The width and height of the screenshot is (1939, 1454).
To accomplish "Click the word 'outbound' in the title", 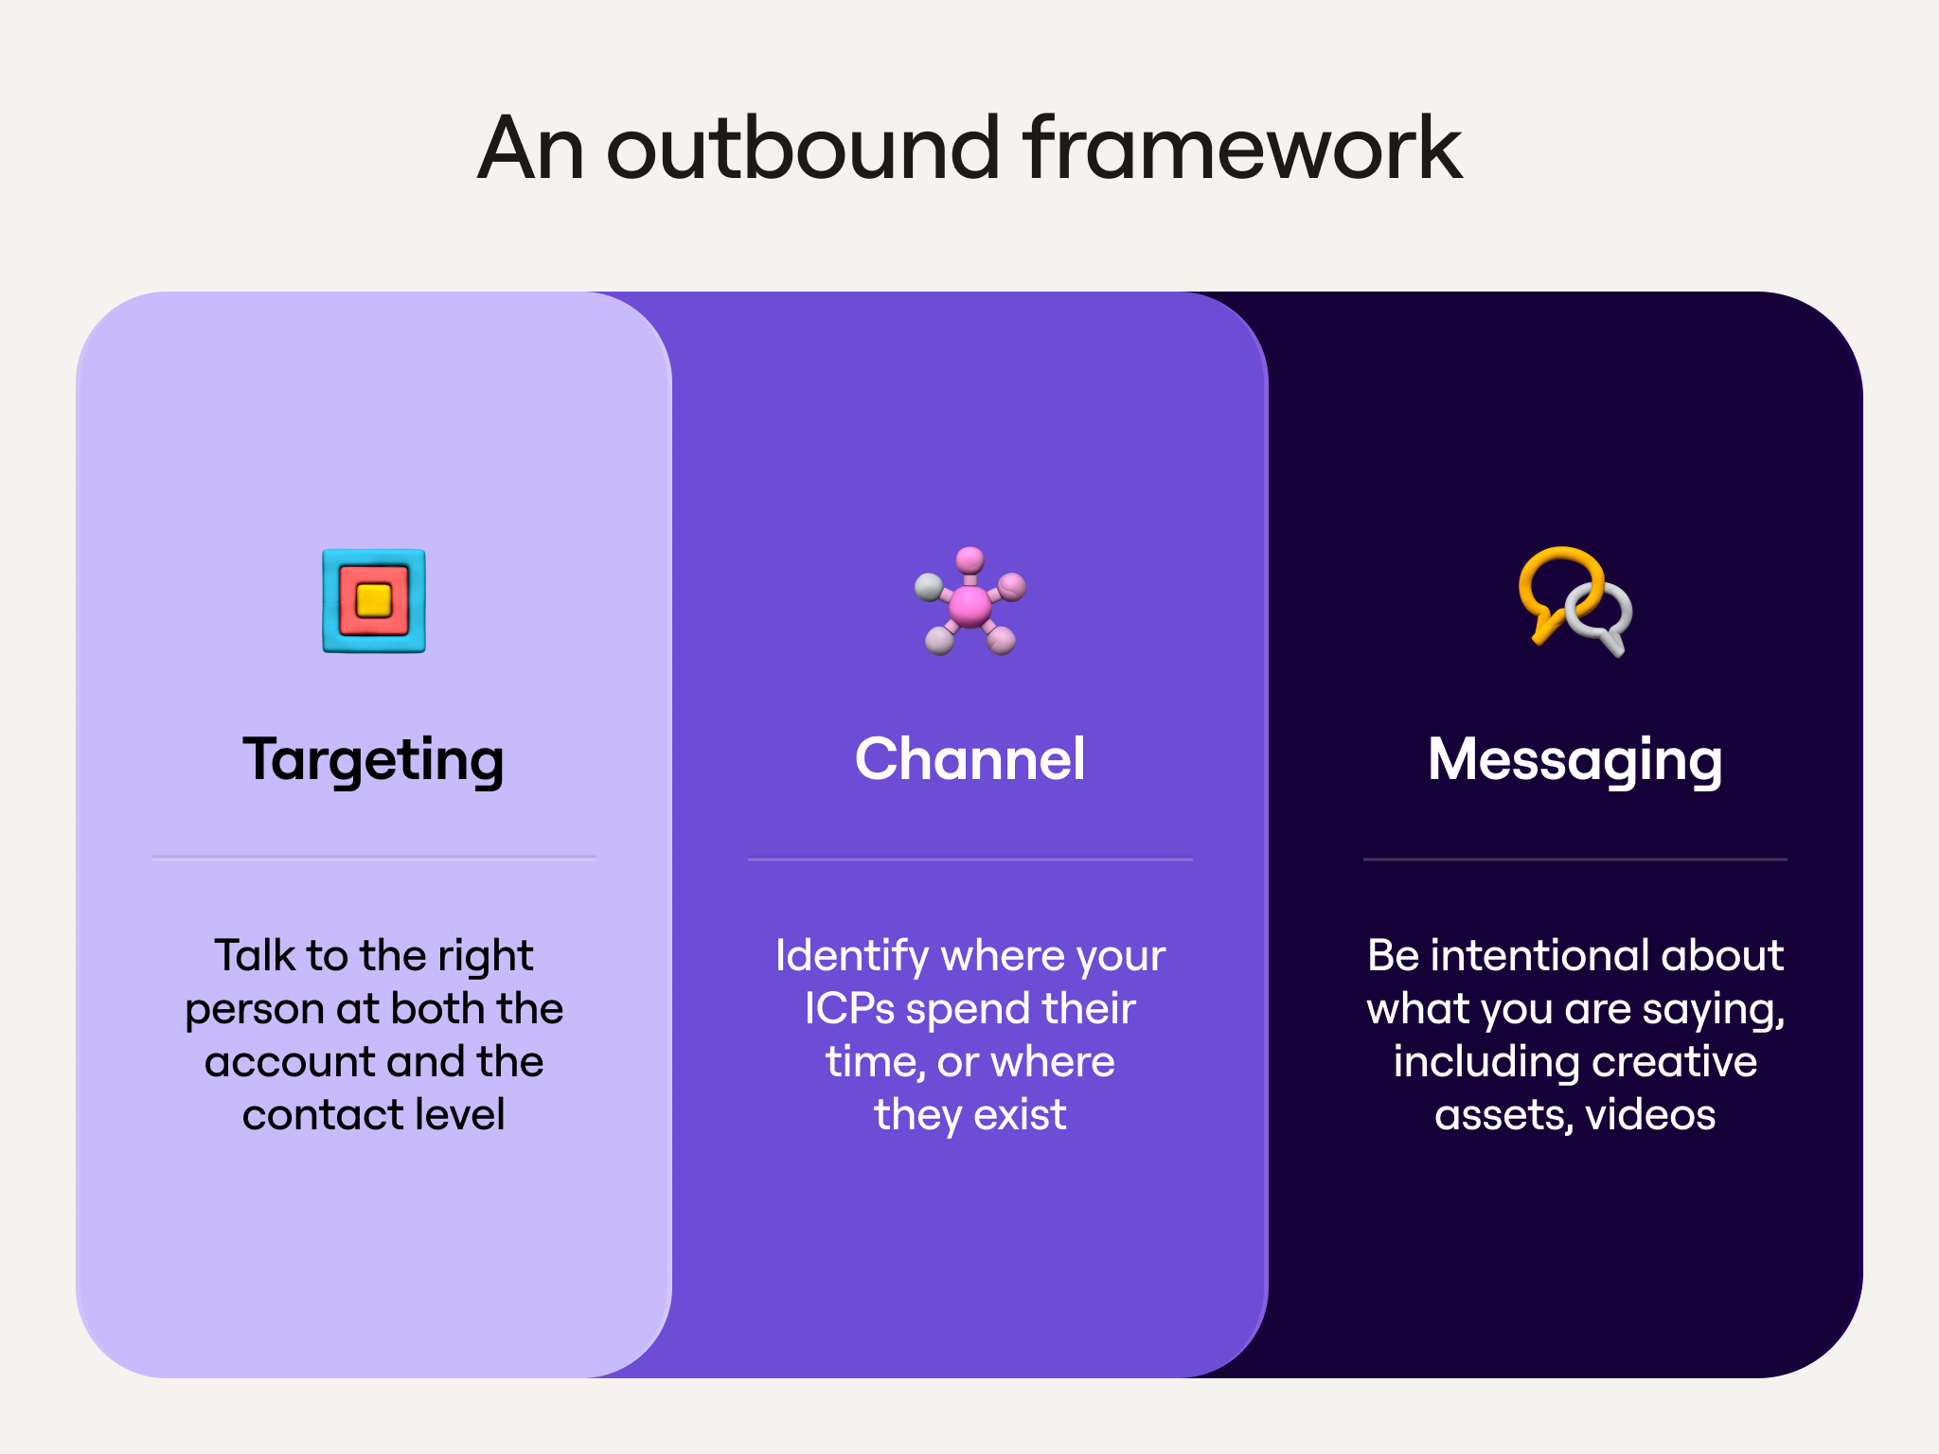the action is (802, 148).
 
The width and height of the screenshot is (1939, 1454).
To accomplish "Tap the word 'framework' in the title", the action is (1242, 148).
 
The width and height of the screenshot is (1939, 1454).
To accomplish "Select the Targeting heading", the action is (374, 760).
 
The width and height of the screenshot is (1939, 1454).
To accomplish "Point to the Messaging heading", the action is (1574, 760).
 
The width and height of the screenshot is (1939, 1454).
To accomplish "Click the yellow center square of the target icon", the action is (373, 600).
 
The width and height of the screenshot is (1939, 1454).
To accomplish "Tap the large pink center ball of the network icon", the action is (969, 606).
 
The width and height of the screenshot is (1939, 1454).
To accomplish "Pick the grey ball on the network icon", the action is (928, 588).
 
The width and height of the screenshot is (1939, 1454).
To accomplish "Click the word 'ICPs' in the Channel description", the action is (849, 1008).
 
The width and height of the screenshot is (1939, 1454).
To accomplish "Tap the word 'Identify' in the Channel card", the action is (851, 957).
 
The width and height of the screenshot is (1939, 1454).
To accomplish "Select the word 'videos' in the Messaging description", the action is (1651, 1114).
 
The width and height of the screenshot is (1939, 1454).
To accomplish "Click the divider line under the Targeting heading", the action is (374, 858).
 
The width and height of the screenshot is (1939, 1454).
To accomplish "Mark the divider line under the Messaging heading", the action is (1575, 859).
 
